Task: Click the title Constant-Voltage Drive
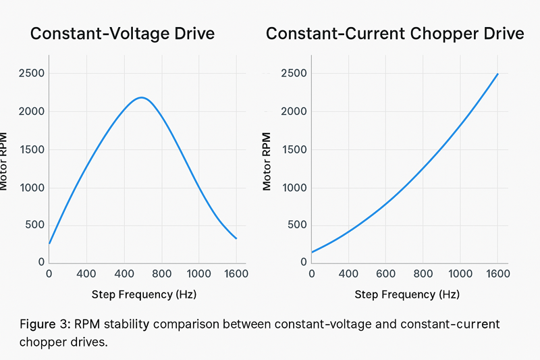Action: click(122, 34)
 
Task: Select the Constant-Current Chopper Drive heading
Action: click(395, 34)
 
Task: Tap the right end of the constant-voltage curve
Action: click(236, 238)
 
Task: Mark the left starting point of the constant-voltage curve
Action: click(49, 243)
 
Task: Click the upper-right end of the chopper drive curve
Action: click(498, 74)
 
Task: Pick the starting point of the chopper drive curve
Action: click(312, 253)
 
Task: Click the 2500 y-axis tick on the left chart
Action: click(32, 73)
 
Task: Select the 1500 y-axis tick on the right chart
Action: click(294, 149)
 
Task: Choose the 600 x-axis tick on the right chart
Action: click(385, 274)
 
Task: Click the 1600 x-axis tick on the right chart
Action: click(497, 274)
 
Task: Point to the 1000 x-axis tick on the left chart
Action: click(198, 274)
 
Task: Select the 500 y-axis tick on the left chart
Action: click(35, 225)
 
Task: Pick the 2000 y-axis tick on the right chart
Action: click(294, 111)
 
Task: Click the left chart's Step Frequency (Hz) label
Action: click(143, 295)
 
